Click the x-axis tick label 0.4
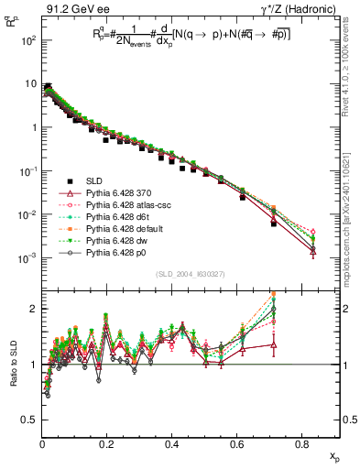(x=172, y=444)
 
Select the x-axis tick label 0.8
(x=302, y=444)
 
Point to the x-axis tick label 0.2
(x=107, y=444)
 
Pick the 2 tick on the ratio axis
(x=33, y=309)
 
